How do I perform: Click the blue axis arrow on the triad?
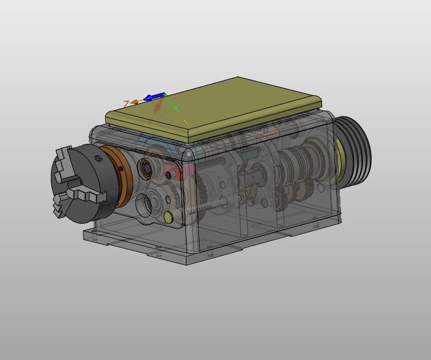(154, 97)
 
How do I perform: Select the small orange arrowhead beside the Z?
(134, 102)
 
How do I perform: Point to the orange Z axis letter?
(126, 104)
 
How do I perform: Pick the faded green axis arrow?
(172, 104)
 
